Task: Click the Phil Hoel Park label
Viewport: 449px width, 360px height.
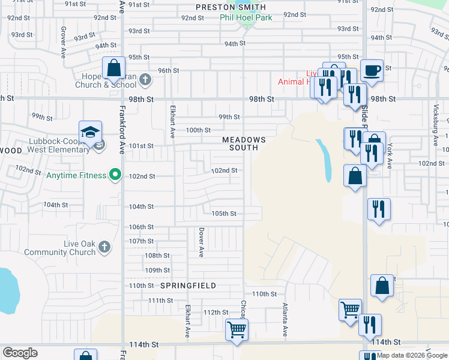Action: pyautogui.click(x=246, y=17)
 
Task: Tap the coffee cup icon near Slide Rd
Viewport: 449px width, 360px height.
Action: pyautogui.click(x=371, y=70)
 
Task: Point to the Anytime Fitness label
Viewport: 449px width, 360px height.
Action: pyautogui.click(x=77, y=175)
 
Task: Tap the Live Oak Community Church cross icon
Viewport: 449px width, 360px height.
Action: pyautogui.click(x=104, y=247)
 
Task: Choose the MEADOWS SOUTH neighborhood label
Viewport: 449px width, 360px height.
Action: pyautogui.click(x=240, y=143)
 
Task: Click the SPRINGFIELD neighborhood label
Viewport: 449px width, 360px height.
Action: pyautogui.click(x=188, y=286)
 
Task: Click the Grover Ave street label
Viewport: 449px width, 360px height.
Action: pyautogui.click(x=63, y=41)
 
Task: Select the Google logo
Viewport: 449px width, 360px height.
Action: pyautogui.click(x=20, y=353)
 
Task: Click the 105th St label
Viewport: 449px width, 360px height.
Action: pyautogui.click(x=224, y=213)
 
